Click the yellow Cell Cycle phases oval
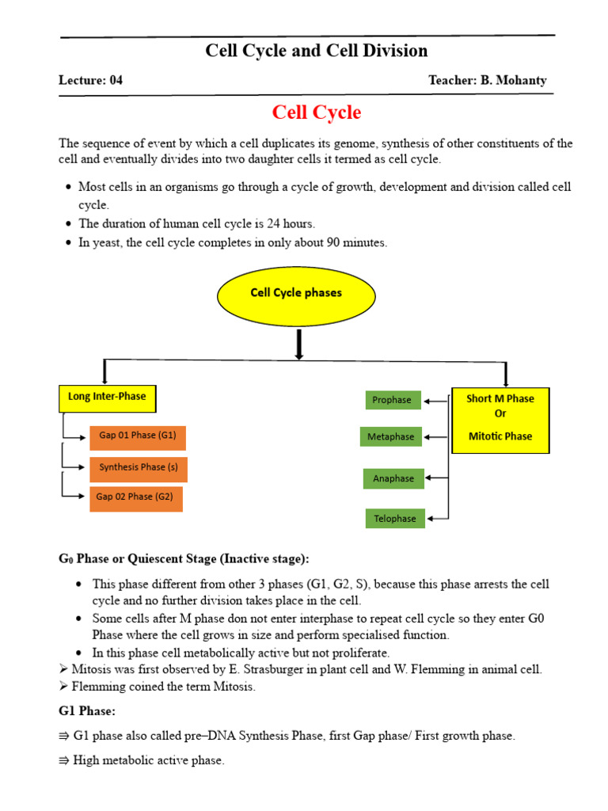click(296, 293)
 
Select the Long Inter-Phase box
click(107, 398)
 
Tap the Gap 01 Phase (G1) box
click(138, 436)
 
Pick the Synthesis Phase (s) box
click(138, 467)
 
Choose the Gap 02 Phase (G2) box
click(135, 497)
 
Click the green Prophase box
click(392, 400)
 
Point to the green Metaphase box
click(391, 437)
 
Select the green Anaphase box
click(393, 478)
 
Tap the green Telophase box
click(394, 519)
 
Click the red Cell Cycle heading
click(316, 112)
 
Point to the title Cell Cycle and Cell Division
click(316, 51)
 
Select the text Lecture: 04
click(90, 80)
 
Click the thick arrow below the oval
click(299, 344)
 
